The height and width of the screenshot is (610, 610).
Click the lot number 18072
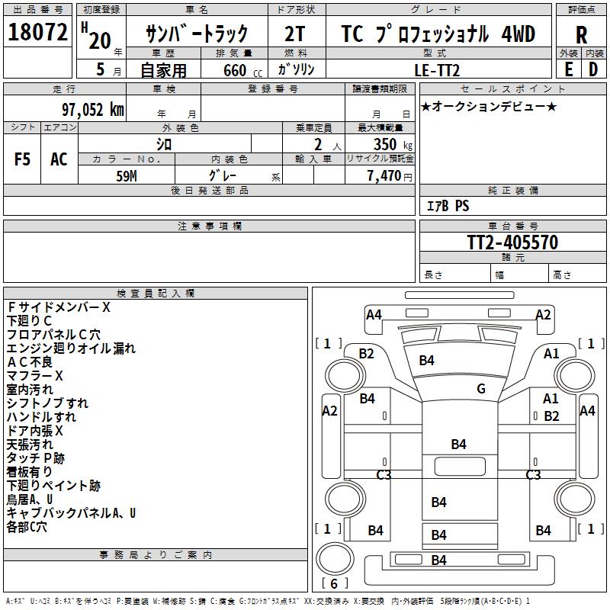(38, 33)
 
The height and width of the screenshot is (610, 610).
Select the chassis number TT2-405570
(512, 242)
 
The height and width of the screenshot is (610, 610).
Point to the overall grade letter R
(581, 35)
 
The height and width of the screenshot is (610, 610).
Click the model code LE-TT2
(438, 69)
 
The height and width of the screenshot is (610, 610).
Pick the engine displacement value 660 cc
(234, 69)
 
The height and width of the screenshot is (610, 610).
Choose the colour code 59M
(127, 175)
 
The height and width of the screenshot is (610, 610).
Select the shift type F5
(23, 159)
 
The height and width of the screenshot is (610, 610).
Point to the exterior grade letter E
(568, 69)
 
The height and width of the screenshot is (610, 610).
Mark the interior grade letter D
(593, 69)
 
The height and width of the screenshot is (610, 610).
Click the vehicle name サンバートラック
(197, 34)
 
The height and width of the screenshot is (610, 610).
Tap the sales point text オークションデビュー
(488, 106)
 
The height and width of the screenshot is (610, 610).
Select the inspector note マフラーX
(35, 375)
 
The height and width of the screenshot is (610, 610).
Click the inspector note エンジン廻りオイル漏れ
(71, 348)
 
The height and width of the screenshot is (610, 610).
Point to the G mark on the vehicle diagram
(481, 389)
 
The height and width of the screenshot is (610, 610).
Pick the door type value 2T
(295, 34)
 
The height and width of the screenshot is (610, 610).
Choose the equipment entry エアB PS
(448, 206)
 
